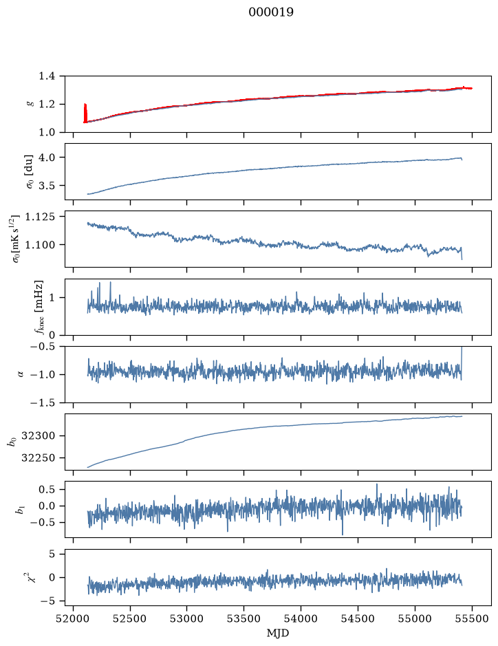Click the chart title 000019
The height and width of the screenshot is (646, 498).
271,12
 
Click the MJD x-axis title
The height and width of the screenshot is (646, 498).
278,633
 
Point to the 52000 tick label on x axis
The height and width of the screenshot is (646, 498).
74,618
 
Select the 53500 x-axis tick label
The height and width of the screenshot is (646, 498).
244,618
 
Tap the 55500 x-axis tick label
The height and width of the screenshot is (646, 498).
472,618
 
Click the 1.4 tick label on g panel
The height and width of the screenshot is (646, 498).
47,76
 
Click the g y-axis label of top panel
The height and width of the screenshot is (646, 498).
30,105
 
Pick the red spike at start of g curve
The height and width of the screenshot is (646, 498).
85,112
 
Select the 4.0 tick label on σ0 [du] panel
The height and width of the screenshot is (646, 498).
47,158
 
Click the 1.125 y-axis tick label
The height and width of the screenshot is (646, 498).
39,217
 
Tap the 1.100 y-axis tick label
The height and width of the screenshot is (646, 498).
39,245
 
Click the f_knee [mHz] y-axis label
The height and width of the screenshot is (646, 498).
39,307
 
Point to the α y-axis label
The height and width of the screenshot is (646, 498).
21,374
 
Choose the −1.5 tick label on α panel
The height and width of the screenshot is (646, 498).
43,402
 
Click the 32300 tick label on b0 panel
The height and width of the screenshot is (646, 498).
38,436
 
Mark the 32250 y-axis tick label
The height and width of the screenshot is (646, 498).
38,458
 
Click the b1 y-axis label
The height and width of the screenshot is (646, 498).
20,510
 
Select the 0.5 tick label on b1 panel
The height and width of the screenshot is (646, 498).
47,489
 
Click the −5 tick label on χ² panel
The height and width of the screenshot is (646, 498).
47,601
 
